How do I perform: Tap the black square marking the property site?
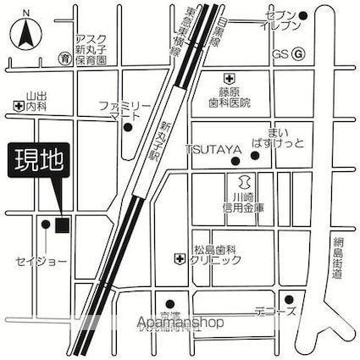[x=61, y=224]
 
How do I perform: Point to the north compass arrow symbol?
[x=27, y=34]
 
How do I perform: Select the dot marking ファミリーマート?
[x=128, y=129]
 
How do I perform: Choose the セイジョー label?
[x=40, y=261]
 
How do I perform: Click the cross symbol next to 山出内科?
[x=18, y=105]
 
